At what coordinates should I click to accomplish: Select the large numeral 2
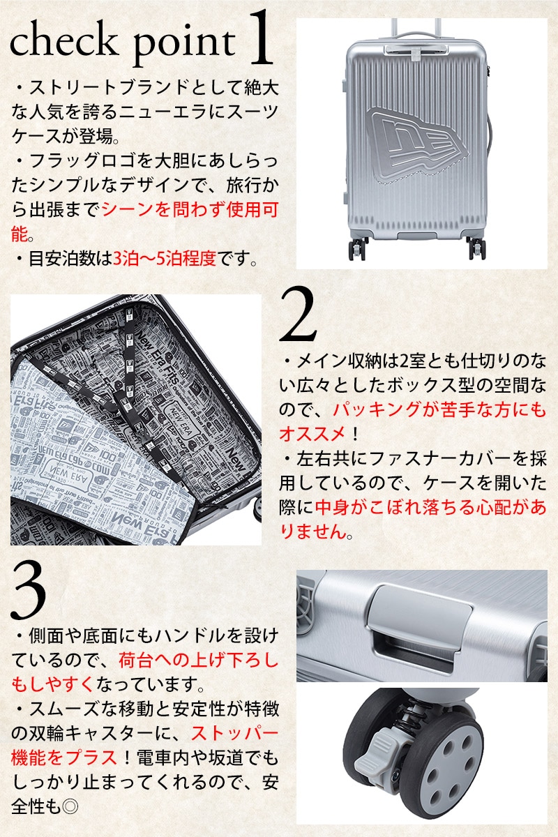[298, 315]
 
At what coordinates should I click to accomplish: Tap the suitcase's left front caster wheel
[357, 249]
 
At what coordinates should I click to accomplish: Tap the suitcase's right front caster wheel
[477, 248]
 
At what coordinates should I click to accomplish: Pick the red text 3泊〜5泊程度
[165, 259]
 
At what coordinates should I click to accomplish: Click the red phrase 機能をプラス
[64, 758]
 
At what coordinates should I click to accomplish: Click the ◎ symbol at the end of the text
[70, 808]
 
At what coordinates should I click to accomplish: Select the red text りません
[313, 532]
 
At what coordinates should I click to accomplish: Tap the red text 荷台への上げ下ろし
[199, 661]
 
